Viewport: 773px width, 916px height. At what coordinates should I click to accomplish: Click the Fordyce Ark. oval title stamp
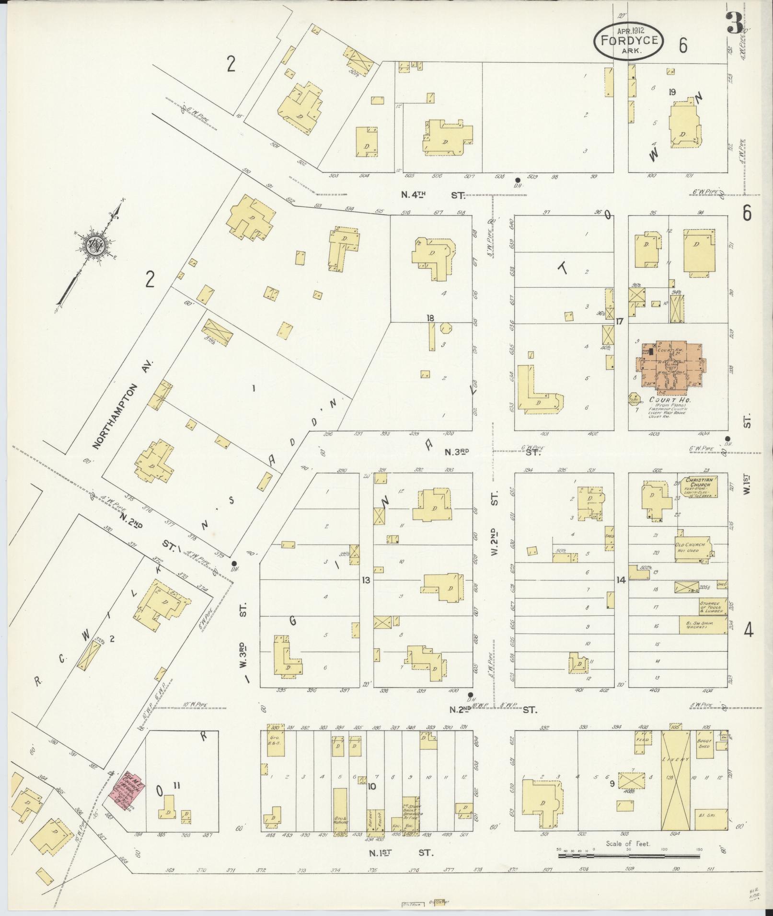[x=628, y=40]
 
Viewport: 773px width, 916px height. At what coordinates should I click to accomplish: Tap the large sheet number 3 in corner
[x=735, y=23]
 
